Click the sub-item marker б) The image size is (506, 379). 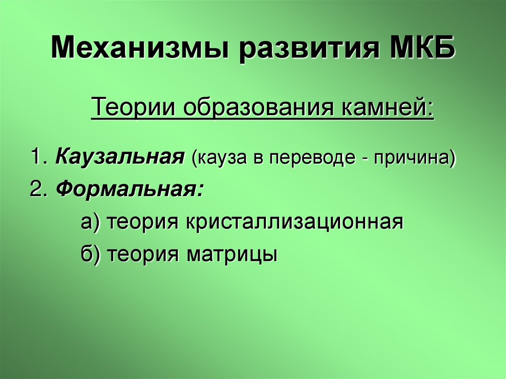point(90,254)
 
